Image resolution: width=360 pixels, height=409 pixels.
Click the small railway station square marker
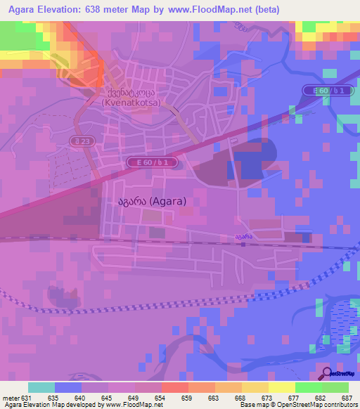pos(243,245)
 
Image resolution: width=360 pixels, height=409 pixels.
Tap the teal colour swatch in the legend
pos(41,387)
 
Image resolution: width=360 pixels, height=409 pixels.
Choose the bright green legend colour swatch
pos(335,387)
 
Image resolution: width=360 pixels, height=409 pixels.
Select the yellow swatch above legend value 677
pos(282,387)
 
